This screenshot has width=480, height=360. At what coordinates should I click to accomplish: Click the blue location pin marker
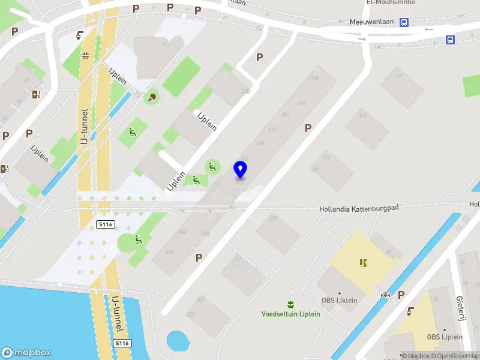coord(241,170)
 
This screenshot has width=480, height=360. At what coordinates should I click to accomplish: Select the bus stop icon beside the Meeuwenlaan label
coord(405,23)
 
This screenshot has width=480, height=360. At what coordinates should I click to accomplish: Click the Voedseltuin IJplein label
coord(290,314)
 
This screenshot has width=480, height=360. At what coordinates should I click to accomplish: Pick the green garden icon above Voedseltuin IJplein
coord(290,304)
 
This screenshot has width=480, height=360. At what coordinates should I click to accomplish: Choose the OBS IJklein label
coord(340,300)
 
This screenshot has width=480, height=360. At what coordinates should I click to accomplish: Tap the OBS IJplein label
coord(445,337)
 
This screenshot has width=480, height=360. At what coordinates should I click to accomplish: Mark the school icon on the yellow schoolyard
coord(363,263)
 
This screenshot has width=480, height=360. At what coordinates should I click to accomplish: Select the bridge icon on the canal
coord(386,295)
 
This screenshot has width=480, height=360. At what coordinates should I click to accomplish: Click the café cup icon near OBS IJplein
coord(410,311)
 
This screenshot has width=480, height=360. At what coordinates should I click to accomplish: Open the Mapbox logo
coord(26,353)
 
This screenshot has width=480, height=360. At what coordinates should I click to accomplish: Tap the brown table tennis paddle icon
coord(152,96)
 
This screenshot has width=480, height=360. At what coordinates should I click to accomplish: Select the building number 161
coord(362,115)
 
